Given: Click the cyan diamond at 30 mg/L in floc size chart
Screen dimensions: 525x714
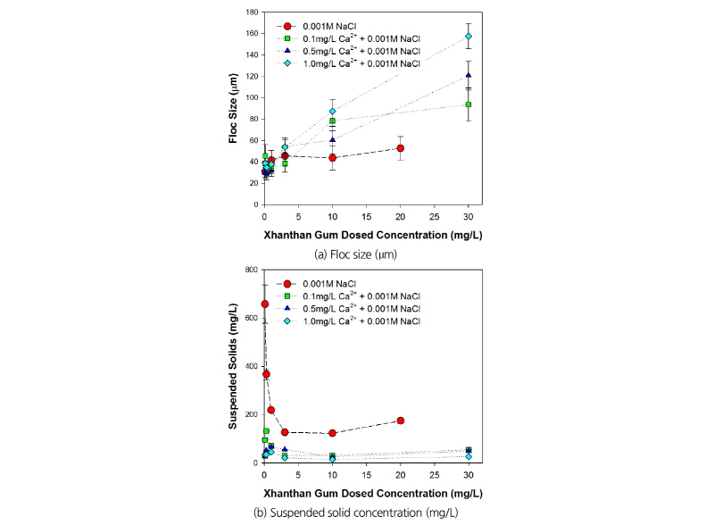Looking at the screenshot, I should click(469, 37).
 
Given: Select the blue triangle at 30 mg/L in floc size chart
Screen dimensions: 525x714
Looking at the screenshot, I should click(469, 75).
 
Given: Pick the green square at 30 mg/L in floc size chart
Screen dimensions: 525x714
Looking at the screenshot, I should click(469, 104).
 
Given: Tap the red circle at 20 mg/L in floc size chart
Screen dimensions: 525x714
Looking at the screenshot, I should click(401, 148).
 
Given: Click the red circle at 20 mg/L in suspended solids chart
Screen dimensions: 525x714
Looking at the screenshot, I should click(401, 421).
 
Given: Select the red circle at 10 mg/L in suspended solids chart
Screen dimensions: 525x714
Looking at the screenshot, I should click(332, 433).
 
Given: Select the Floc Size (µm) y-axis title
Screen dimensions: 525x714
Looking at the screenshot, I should click(231, 109).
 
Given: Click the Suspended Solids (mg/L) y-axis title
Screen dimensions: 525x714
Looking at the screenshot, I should click(231, 367).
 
